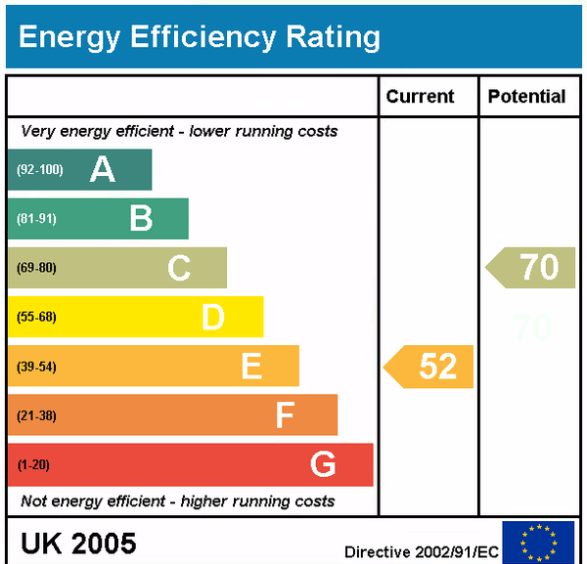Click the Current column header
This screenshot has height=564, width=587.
(420, 96)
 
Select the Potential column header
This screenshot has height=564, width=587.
(526, 96)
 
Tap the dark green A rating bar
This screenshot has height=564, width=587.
(79, 169)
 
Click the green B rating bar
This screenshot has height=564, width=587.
(98, 218)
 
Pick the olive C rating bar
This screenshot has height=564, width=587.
(116, 267)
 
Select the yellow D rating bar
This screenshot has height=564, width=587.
(135, 317)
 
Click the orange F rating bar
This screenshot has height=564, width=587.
(172, 414)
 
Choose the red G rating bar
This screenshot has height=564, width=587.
(190, 464)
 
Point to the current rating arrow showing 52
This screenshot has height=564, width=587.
(429, 366)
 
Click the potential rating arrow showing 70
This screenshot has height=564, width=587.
(531, 267)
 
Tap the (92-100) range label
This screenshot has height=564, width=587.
(39, 170)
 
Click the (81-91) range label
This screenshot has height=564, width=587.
(37, 219)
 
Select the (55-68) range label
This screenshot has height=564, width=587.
(37, 317)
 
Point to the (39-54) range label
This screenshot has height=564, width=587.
(37, 367)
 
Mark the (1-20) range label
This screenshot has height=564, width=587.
(34, 464)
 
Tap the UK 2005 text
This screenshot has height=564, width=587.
(78, 542)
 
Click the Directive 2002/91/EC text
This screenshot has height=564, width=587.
(421, 552)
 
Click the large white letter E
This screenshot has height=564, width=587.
(251, 366)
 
